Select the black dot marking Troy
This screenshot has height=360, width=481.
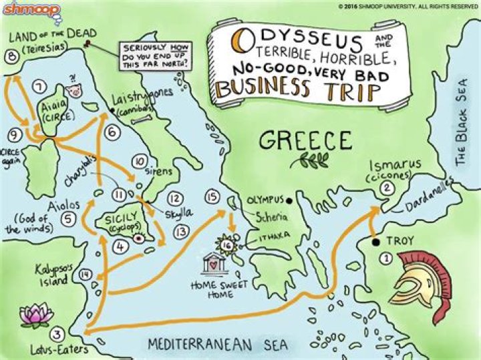tap(377, 241)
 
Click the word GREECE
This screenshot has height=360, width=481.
tap(305, 141)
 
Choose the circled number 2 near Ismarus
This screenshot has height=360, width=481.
tap(385, 188)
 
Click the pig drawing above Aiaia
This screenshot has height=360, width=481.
tap(73, 90)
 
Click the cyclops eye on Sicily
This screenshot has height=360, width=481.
tap(139, 237)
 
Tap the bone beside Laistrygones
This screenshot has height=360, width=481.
tap(142, 121)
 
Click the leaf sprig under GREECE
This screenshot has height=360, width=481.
tap(309, 161)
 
